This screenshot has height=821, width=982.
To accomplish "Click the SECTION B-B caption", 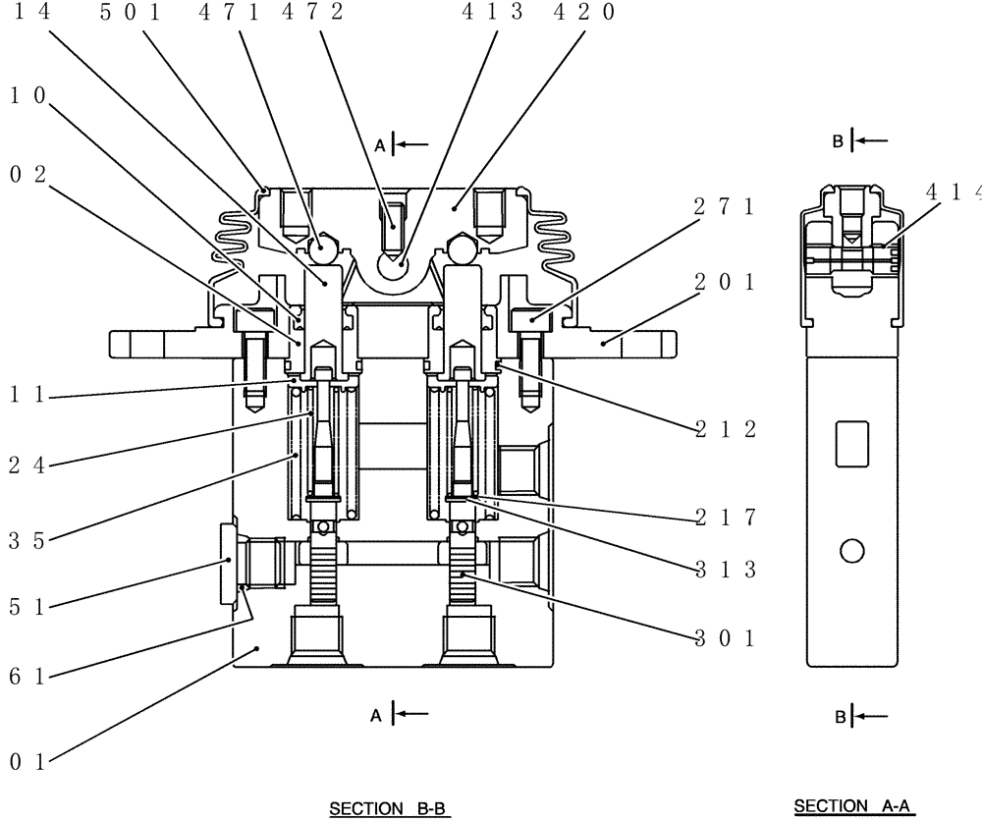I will [x=388, y=809].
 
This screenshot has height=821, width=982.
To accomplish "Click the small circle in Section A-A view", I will [x=852, y=552].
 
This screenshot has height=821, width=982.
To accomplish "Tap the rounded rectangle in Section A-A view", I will [x=852, y=443].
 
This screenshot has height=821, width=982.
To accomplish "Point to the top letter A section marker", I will [x=378, y=144].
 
